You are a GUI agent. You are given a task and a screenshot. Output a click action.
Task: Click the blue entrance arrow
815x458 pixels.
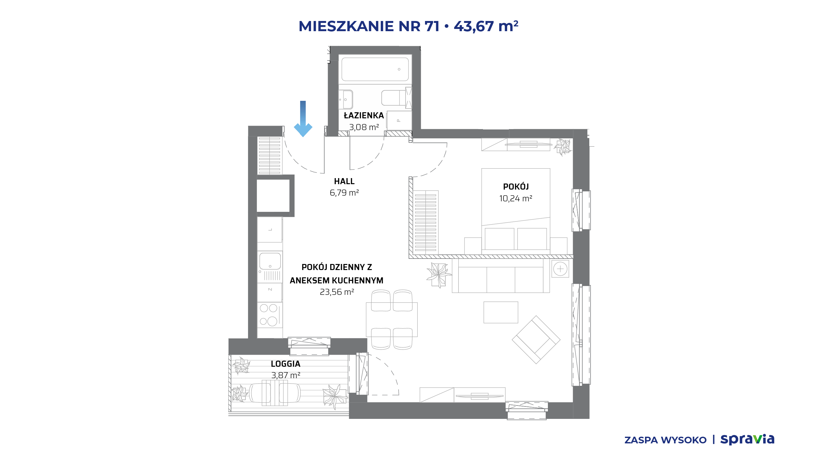coord(303,119)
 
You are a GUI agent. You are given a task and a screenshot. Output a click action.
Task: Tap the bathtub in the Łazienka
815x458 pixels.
coord(375,69)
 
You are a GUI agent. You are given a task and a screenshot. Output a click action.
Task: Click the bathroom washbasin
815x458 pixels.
coord(346,99)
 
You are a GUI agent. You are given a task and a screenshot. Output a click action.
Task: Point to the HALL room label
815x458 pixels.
coord(344,181)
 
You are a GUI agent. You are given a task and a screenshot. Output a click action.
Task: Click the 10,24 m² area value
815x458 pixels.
coord(516,198)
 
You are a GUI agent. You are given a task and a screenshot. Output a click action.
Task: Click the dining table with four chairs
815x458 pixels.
coord(392,319)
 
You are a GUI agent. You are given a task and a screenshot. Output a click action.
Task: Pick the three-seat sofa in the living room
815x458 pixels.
coord(501,275)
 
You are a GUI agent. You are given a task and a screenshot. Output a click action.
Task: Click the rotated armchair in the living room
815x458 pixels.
coord(536,340)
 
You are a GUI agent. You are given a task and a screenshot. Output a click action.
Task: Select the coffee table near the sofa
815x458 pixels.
coord(501,312)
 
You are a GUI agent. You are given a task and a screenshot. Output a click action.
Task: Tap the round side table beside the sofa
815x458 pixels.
coord(560,269)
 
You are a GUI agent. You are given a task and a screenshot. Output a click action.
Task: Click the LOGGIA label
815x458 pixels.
coord(286,364)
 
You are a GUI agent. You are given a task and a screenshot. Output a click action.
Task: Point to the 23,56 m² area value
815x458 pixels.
coord(337,292)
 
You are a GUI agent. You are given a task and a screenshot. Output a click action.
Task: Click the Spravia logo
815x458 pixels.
coord(747,439)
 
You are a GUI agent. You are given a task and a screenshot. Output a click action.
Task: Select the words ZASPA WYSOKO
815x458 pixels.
coord(665,440)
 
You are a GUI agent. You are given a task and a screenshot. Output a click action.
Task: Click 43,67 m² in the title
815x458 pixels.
coord(486,26)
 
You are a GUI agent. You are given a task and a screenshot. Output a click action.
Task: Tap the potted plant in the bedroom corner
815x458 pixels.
coord(563,147)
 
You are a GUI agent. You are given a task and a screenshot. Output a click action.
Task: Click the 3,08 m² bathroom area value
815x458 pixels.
coord(364,127)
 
